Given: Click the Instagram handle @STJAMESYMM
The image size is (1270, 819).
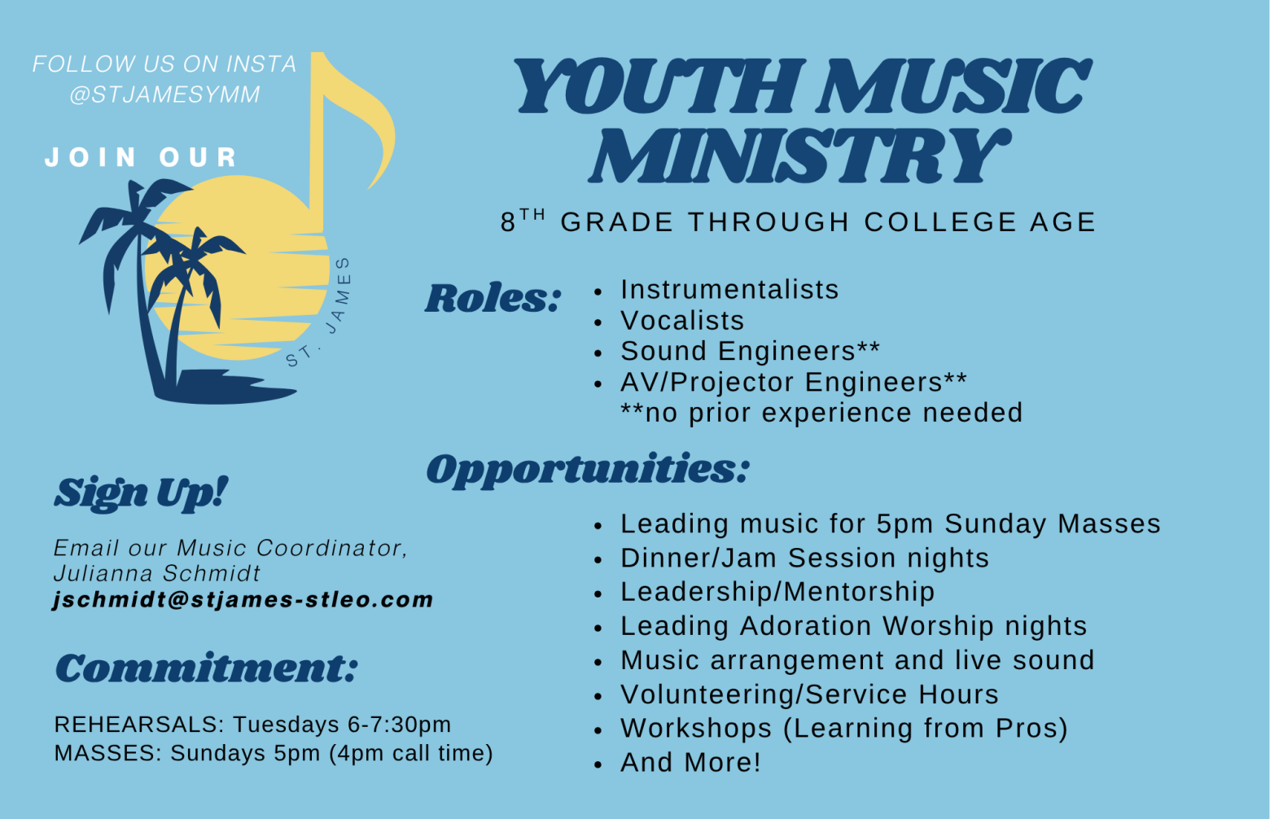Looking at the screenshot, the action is point(165,94).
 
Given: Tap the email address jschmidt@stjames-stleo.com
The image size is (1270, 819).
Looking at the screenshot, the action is point(243,599).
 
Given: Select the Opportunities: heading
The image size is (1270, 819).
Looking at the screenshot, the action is point(588,469).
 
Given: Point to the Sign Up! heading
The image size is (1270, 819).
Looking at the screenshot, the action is point(141,493).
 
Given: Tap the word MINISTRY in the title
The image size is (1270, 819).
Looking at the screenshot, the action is point(799,155).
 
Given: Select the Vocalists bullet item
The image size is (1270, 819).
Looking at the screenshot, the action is point(682,321).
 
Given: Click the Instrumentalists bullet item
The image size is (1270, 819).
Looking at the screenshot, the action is point(729,290).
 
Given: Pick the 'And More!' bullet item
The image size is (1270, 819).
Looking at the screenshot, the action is point(690,762).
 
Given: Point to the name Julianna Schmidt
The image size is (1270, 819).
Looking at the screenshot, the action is point(156,574).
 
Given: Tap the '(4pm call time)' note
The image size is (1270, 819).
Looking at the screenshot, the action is point(411,753).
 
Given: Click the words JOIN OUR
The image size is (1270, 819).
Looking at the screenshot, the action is point(141,157).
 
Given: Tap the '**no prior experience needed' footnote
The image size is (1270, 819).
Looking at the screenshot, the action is point(821,413).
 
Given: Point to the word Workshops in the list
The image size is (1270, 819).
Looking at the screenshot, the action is point(696,729).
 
